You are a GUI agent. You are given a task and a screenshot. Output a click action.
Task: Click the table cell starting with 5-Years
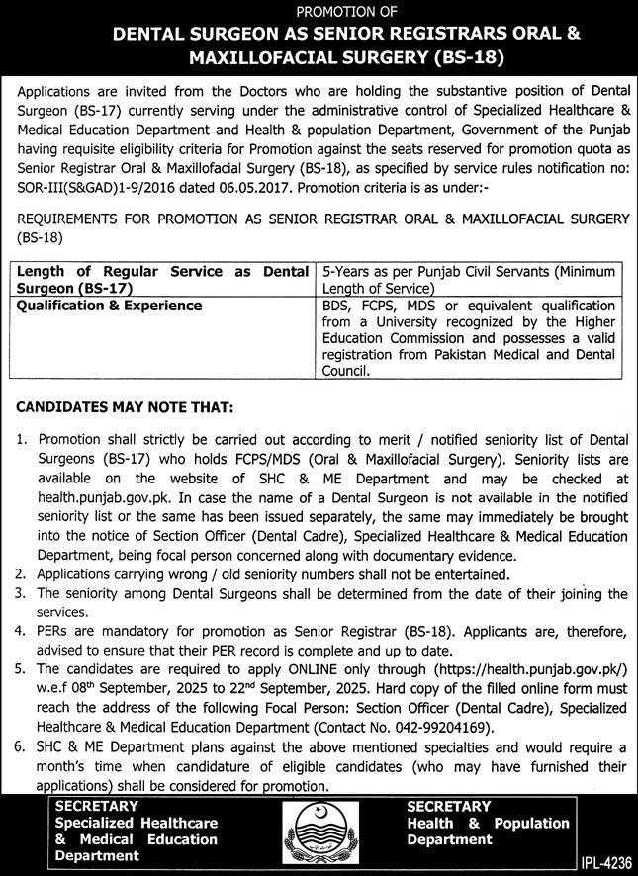[468, 278]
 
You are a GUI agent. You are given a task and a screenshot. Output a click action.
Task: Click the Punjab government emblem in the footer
[319, 823]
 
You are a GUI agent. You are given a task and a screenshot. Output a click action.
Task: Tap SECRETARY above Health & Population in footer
[448, 807]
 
